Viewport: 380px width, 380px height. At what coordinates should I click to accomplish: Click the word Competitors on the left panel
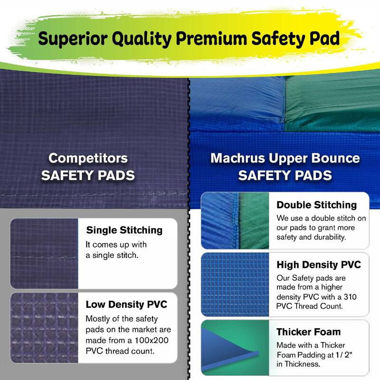pyautogui.click(x=88, y=158)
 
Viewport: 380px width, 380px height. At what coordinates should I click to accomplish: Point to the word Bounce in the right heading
pyautogui.click(x=332, y=158)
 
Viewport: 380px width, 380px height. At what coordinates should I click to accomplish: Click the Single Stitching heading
pyautogui.click(x=124, y=230)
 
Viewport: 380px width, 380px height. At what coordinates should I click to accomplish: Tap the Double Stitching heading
pyautogui.click(x=316, y=205)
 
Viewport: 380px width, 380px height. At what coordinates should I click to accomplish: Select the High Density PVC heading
pyautogui.click(x=319, y=265)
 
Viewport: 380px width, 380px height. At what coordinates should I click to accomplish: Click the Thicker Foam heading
pyautogui.click(x=308, y=332)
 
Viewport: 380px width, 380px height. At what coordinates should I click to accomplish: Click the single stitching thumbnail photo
pyautogui.click(x=44, y=253)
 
